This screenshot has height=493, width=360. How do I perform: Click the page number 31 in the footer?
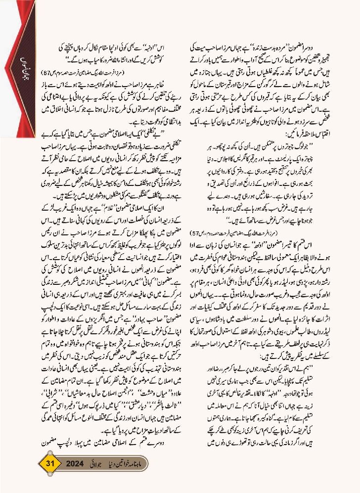pos(49,464)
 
